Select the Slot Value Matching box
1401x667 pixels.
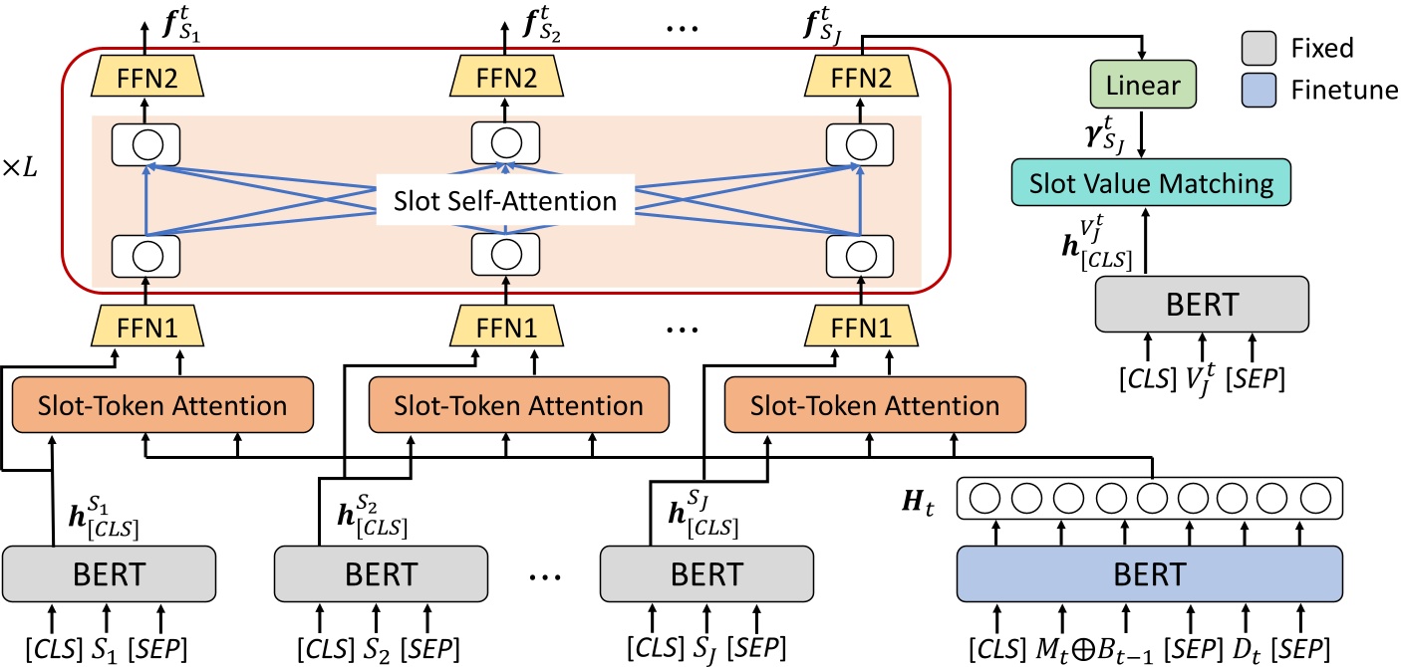tap(1151, 183)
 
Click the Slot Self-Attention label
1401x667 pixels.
tap(505, 202)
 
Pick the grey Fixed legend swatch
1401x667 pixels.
tap(1259, 47)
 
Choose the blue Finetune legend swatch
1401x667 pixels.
tap(1259, 91)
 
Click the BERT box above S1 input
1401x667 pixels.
tap(110, 574)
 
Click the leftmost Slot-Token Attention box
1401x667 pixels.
tap(162, 405)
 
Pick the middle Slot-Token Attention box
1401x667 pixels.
tap(518, 405)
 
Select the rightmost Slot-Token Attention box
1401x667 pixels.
tap(874, 405)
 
